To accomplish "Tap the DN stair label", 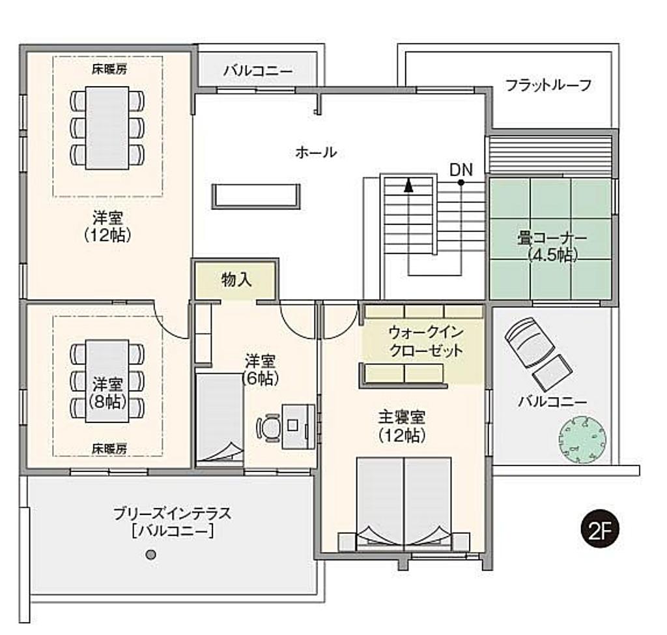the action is click(x=461, y=170).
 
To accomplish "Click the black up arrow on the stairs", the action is click(x=408, y=185).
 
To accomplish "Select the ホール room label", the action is click(x=316, y=152).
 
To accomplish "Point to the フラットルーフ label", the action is click(x=548, y=85).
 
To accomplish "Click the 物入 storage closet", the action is click(x=236, y=280).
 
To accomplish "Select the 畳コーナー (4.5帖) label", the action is click(x=552, y=246).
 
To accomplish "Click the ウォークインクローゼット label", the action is click(x=426, y=341).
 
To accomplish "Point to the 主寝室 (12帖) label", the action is click(x=402, y=426).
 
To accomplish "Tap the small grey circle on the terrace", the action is click(x=150, y=555).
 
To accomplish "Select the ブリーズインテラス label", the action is click(x=172, y=513).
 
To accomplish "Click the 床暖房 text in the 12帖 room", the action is click(x=109, y=69).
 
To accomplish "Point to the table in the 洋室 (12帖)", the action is click(x=107, y=128).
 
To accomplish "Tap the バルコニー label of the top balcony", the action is click(x=258, y=70).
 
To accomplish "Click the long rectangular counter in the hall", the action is click(x=256, y=196).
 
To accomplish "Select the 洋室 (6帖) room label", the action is click(x=260, y=370).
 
